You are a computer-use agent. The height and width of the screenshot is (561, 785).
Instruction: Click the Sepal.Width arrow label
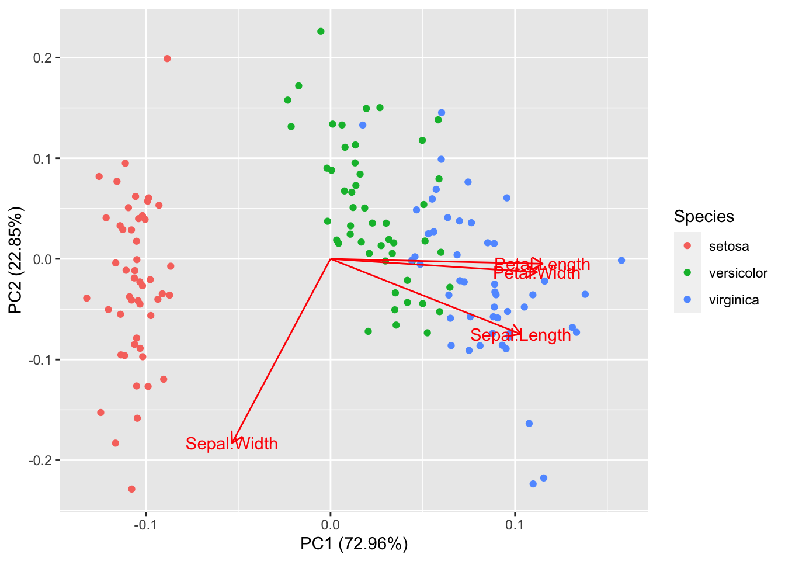[x=231, y=444]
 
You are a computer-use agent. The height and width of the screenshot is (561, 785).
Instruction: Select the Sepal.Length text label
[x=520, y=335]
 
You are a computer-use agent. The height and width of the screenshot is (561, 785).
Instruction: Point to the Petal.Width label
[x=537, y=273]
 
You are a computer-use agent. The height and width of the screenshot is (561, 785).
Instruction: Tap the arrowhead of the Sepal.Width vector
[x=233, y=440]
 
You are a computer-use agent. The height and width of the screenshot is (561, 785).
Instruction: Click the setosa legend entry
[x=728, y=246]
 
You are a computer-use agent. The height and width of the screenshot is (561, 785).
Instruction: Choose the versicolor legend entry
[x=738, y=273]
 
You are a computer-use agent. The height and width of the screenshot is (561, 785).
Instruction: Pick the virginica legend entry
[x=734, y=300]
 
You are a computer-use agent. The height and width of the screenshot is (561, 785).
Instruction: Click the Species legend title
[x=704, y=217]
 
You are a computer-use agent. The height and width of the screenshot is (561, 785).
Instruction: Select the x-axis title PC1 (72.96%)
[x=354, y=544]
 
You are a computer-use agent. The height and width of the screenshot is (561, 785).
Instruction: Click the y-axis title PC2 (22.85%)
[x=16, y=260]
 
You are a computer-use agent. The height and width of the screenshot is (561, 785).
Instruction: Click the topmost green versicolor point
[x=321, y=32]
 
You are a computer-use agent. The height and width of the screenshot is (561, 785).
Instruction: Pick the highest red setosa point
[x=167, y=58]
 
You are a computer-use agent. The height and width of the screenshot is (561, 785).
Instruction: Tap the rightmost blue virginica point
[x=621, y=261]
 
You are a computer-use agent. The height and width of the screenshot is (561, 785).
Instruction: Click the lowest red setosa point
[x=131, y=489]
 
